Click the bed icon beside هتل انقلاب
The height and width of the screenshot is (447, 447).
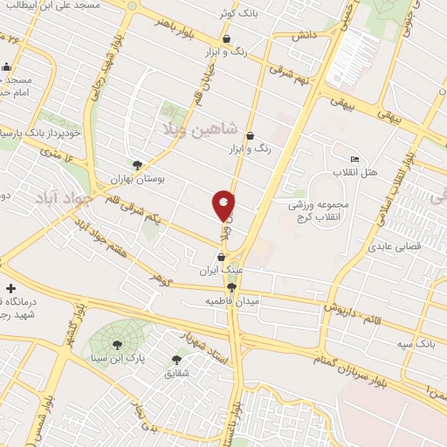[354, 159]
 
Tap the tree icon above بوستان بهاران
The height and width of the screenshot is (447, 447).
[137, 164]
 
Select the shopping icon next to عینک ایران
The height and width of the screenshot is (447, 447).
[221, 258]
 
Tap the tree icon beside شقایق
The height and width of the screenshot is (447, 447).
[176, 359]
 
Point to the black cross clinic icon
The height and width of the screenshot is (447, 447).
[10, 288]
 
